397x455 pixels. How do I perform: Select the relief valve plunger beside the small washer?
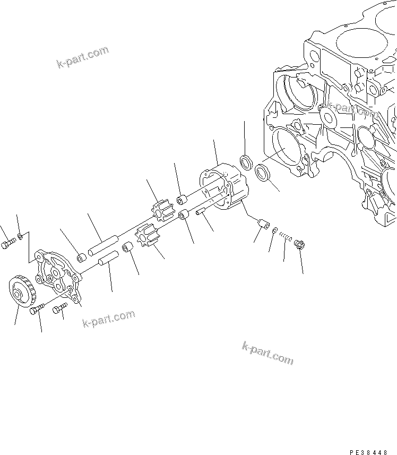(261, 225)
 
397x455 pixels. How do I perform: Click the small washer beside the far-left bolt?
(20, 236)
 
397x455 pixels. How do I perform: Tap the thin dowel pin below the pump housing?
(202, 214)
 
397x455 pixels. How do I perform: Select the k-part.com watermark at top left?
(82, 57)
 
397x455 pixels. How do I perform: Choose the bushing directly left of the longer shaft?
(82, 258)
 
